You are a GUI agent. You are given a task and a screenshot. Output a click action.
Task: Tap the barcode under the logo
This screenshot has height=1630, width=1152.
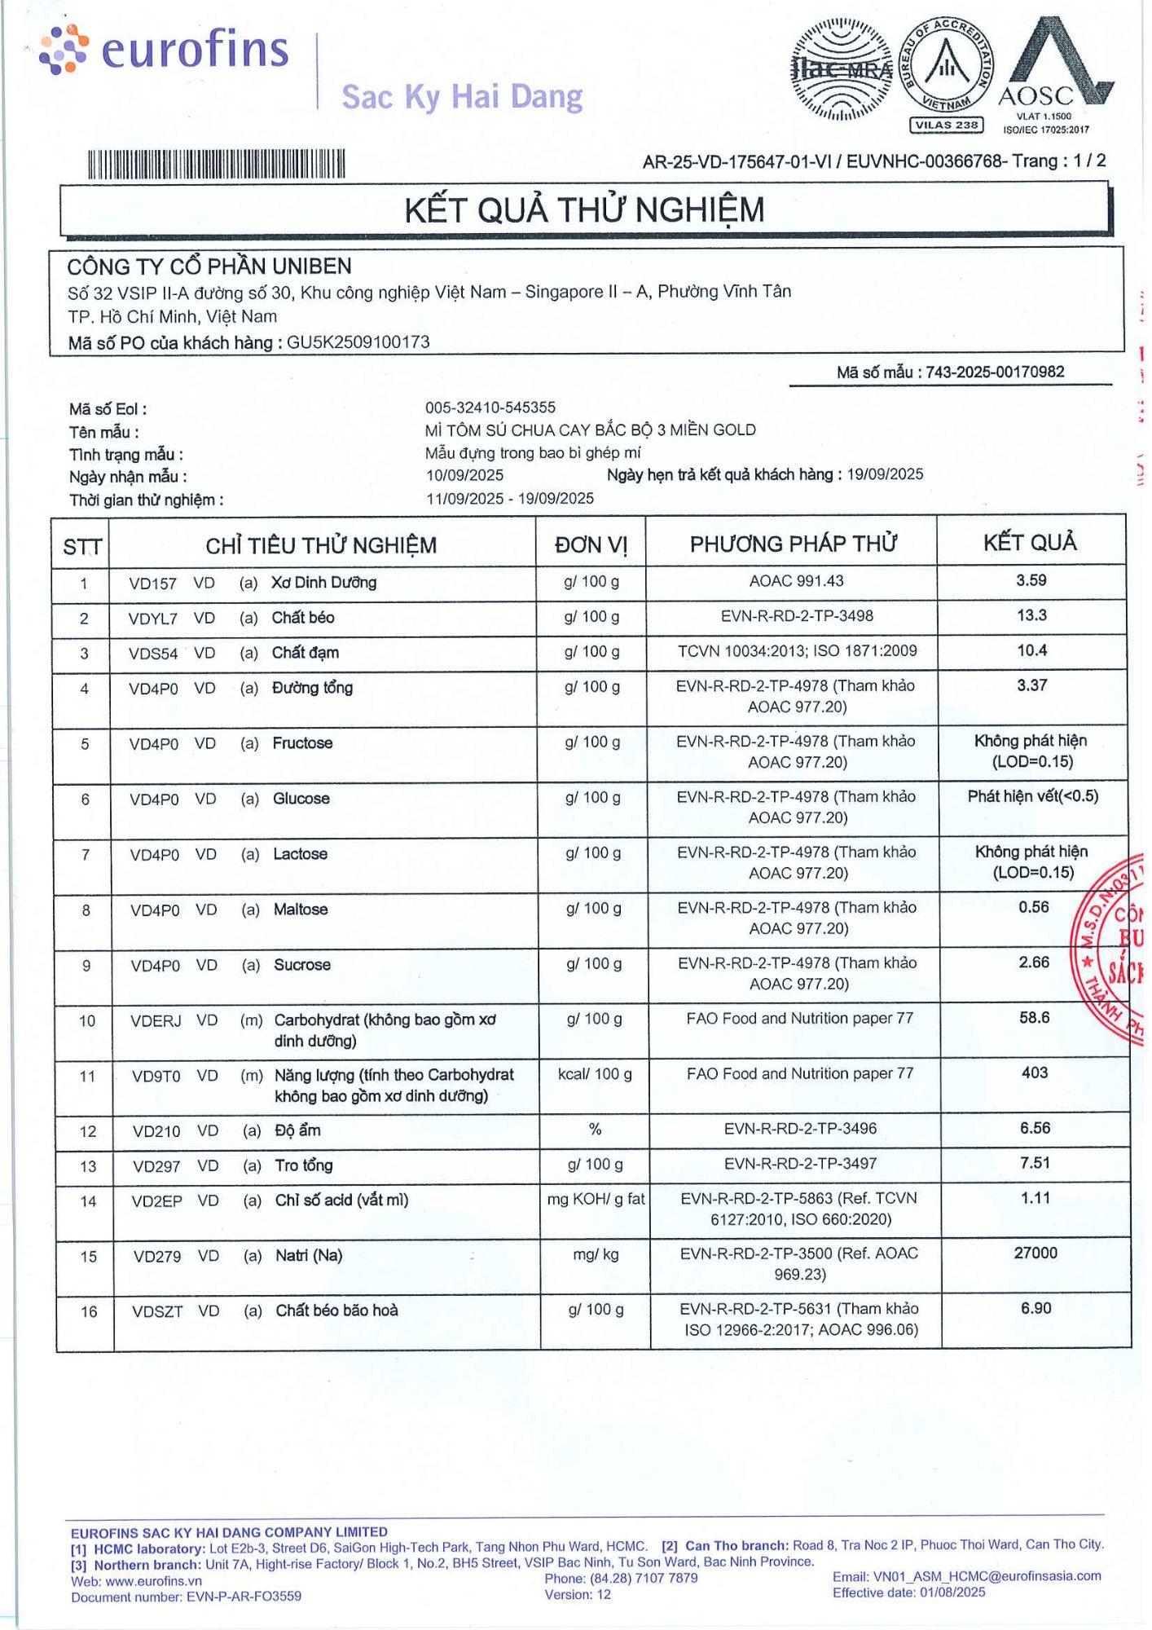[216, 164]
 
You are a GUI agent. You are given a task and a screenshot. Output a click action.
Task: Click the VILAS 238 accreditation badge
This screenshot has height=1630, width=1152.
[946, 125]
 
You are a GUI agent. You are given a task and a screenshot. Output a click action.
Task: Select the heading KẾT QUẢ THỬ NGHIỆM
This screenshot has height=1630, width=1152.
[584, 210]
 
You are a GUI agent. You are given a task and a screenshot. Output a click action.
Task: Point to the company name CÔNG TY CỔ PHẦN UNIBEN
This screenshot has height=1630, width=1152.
[209, 267]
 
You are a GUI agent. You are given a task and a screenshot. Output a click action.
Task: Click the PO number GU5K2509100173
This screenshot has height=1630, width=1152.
[358, 342]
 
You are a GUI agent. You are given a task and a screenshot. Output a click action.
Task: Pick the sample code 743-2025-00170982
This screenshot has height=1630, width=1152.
[995, 372]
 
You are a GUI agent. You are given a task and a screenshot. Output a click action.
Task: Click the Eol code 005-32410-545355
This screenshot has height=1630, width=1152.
[490, 407]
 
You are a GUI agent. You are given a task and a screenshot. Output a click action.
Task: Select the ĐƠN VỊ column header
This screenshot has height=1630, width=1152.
[591, 544]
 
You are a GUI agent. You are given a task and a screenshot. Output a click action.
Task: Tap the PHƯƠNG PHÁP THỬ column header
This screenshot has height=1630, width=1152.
[793, 544]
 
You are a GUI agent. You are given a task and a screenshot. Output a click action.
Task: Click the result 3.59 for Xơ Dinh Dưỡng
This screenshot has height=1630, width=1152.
[1031, 580]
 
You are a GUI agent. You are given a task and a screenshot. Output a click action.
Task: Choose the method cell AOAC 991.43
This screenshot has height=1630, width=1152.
[796, 581]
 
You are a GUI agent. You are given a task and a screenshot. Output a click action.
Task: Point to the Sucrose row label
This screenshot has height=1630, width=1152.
[302, 965]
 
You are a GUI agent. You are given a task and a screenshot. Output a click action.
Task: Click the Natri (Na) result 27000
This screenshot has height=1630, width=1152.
[1035, 1253]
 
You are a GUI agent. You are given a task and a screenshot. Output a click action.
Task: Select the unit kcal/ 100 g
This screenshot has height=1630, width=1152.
[595, 1074]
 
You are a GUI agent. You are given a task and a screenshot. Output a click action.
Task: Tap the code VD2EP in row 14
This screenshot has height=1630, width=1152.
[157, 1201]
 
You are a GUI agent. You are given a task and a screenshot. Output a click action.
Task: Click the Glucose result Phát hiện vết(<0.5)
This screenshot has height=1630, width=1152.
[1032, 796]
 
